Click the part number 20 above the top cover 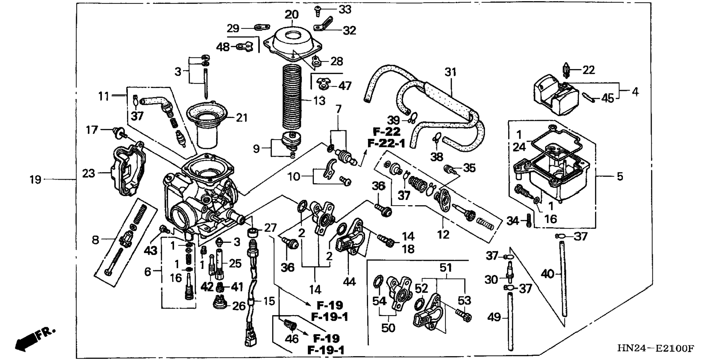[292, 15]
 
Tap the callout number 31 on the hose [450, 72]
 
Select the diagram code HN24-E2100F [655, 348]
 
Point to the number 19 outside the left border [35, 180]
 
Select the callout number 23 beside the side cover [89, 173]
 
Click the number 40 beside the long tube [548, 274]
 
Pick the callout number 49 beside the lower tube [494, 317]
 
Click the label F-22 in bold [387, 131]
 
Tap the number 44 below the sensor [349, 282]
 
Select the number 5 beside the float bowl [620, 176]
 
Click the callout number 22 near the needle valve [589, 70]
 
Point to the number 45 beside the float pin [608, 98]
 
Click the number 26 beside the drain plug [239, 306]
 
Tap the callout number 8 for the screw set [95, 240]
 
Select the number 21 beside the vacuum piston [242, 118]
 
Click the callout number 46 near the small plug [292, 338]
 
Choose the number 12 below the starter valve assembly [443, 234]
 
